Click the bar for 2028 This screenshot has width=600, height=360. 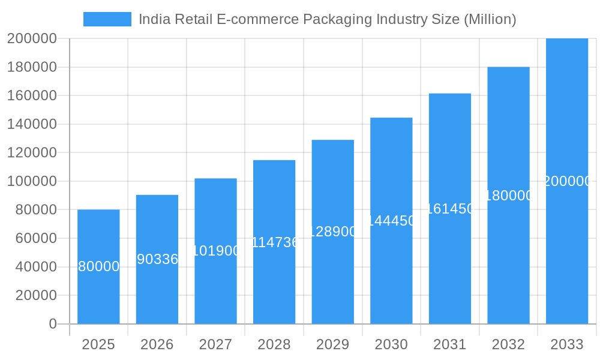click(x=274, y=282)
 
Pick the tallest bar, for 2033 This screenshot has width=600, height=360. click(x=567, y=252)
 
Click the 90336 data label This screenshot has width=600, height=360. click(x=157, y=259)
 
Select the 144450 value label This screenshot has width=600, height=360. click(x=391, y=221)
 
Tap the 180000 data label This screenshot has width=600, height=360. click(x=508, y=196)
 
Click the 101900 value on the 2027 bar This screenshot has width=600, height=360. click(x=215, y=251)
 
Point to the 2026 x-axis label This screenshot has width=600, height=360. click(x=157, y=344)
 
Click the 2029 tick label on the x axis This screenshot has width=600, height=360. click(x=333, y=344)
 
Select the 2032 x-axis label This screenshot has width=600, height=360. click(x=508, y=344)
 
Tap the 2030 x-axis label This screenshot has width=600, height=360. click(x=391, y=344)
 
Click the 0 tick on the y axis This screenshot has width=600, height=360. click(x=53, y=324)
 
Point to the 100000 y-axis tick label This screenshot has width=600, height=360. click(x=32, y=181)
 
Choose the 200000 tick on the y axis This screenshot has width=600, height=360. click(x=32, y=38)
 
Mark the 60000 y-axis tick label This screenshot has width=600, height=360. click(x=35, y=238)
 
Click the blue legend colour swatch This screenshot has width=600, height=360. click(x=107, y=19)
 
